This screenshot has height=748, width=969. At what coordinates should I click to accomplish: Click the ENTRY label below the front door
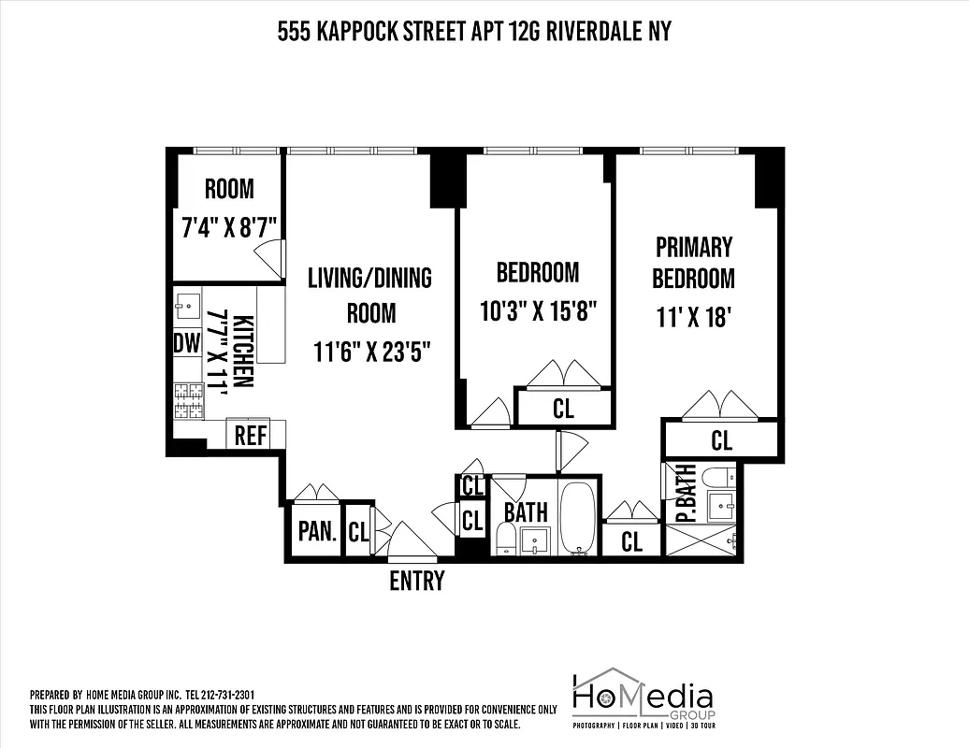[416, 581]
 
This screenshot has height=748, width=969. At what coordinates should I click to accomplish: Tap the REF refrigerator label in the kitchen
[250, 436]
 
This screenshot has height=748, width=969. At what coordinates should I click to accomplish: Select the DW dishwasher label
[187, 343]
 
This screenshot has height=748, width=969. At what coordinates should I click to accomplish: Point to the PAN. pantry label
[317, 532]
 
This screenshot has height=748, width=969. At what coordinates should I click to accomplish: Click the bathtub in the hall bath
[578, 517]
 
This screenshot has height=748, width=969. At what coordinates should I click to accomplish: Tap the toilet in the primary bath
[718, 477]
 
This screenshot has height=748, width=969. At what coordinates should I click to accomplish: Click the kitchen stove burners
[189, 400]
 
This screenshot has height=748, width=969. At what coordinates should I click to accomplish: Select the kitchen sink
[186, 303]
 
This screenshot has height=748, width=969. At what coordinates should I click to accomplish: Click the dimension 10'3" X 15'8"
[538, 309]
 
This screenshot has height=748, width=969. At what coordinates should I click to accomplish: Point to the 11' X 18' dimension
[693, 316]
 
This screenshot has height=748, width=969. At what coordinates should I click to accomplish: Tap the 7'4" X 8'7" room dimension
[229, 227]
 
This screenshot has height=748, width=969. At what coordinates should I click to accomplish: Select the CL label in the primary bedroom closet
[721, 439]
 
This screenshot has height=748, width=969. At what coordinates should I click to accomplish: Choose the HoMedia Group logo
[643, 698]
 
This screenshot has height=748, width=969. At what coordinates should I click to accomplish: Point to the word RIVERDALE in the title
[591, 32]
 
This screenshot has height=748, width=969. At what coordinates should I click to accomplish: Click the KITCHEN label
[242, 352]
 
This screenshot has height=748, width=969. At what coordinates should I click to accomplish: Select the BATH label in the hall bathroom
[526, 512]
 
